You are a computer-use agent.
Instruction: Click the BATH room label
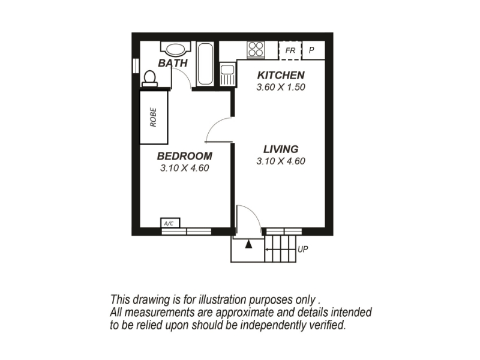point(173,63)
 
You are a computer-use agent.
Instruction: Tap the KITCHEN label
point(281,76)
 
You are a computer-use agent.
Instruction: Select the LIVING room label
point(281,149)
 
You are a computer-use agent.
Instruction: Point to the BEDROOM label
point(185,156)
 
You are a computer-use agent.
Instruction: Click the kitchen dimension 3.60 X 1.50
point(281,87)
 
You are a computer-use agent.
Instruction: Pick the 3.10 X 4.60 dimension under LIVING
point(281,161)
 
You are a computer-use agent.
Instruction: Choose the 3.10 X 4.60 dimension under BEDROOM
point(185,168)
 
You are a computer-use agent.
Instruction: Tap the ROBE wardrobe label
point(154,117)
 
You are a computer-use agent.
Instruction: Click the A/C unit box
point(170,223)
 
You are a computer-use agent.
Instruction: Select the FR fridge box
point(290,50)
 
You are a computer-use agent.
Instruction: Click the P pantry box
point(313,50)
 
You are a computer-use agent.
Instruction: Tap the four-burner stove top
point(256,49)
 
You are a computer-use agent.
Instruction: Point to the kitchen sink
point(227,74)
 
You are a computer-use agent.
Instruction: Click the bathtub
point(205,64)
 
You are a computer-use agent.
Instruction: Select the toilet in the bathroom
point(149,79)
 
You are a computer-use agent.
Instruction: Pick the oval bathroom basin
point(175,49)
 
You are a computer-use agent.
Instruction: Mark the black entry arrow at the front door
point(248,244)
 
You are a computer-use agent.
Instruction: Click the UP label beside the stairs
point(303,250)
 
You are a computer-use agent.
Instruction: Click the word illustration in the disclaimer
point(223,299)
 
